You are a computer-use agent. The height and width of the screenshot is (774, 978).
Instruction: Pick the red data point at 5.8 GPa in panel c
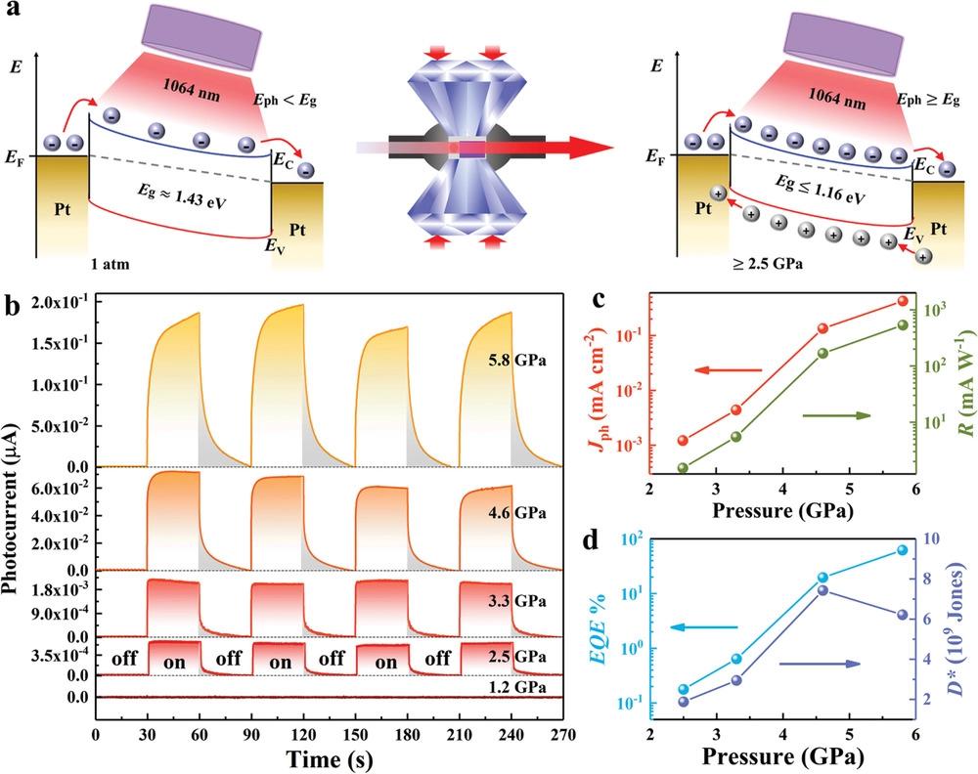coord(902,301)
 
